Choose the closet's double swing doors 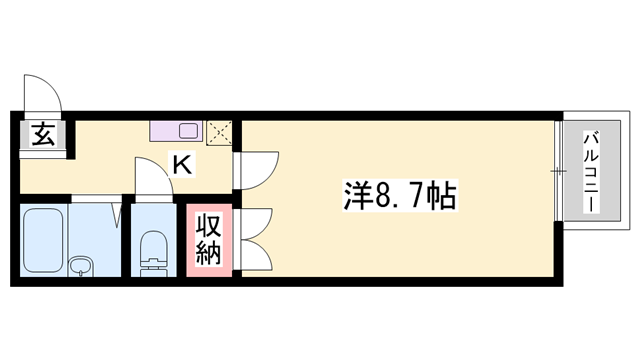click(x=256, y=238)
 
